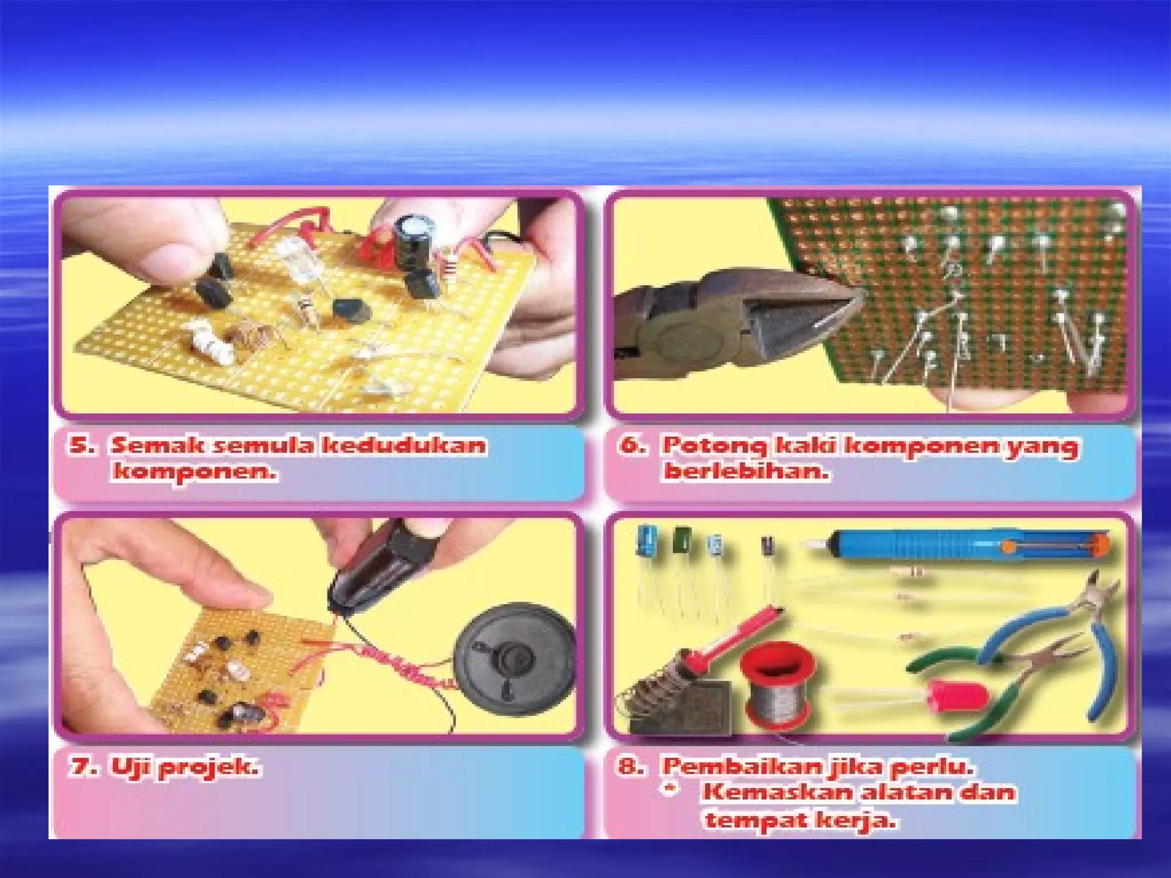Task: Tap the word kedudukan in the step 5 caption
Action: pyautogui.click(x=403, y=445)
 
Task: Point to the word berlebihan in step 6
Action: pyautogui.click(x=746, y=472)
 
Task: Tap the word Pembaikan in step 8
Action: pyautogui.click(x=743, y=766)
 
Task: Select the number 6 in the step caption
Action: pyautogui.click(x=631, y=445)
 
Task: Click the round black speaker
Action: pyautogui.click(x=515, y=657)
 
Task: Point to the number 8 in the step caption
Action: pyautogui.click(x=629, y=766)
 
